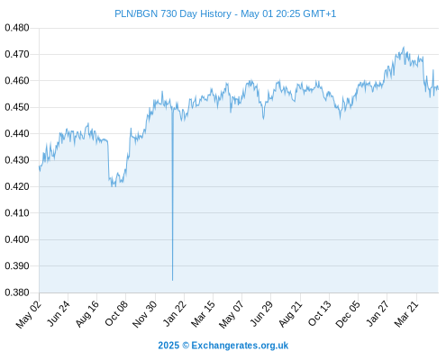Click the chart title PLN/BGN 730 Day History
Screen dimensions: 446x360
pyautogui.click(x=173, y=13)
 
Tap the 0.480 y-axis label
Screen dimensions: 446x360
pyautogui.click(x=17, y=28)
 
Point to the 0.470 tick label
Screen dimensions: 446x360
pyautogui.click(x=17, y=54)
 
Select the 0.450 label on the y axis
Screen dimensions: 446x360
pyautogui.click(x=17, y=107)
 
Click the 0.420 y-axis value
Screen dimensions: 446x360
pyautogui.click(x=17, y=186)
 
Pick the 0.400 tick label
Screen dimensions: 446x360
pyautogui.click(x=17, y=239)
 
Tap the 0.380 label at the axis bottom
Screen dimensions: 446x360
pyautogui.click(x=17, y=292)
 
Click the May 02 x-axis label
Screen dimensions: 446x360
pyautogui.click(x=29, y=314)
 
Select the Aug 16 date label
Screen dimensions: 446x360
pyautogui.click(x=87, y=313)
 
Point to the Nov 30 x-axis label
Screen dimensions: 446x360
pyautogui.click(x=145, y=314)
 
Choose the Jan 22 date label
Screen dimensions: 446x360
pyautogui.click(x=175, y=313)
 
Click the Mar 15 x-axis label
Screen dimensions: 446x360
pyautogui.click(x=204, y=313)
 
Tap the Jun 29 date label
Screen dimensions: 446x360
pyautogui.click(x=261, y=313)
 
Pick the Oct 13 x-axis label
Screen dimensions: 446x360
pyautogui.click(x=320, y=313)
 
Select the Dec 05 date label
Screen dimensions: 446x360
pyautogui.click(x=348, y=314)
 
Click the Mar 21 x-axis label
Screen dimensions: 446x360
pyautogui.click(x=406, y=313)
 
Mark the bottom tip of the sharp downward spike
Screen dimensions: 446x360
pyautogui.click(x=172, y=281)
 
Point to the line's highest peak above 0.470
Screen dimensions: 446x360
pyautogui.click(x=404, y=47)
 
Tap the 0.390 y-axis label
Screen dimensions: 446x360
pyautogui.click(x=17, y=265)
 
